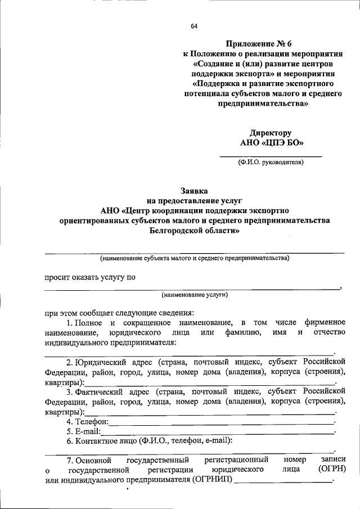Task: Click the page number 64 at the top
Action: (x=194, y=26)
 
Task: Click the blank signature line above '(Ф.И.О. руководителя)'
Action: (x=270, y=155)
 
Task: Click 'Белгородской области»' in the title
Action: (x=194, y=231)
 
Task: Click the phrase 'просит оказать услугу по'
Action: (x=89, y=277)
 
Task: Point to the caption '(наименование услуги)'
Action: (x=194, y=294)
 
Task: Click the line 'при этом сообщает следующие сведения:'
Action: (x=120, y=313)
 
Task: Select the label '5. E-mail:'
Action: (x=83, y=431)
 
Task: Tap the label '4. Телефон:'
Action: (x=87, y=421)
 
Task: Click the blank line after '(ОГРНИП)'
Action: (x=283, y=481)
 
